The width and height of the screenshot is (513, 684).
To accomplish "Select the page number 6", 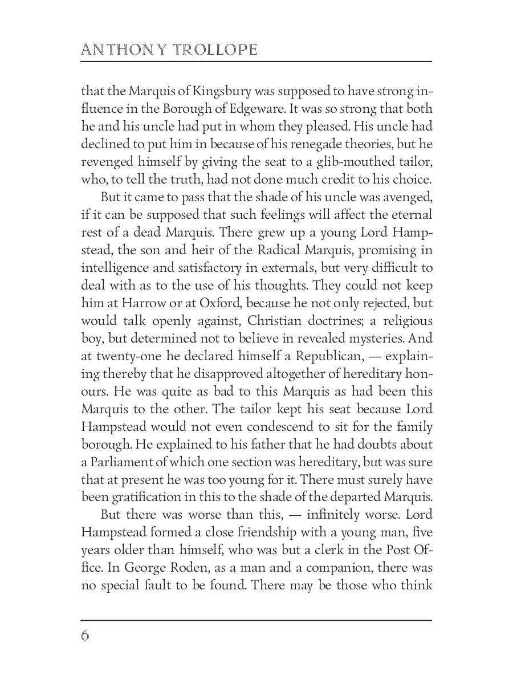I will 85,636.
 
